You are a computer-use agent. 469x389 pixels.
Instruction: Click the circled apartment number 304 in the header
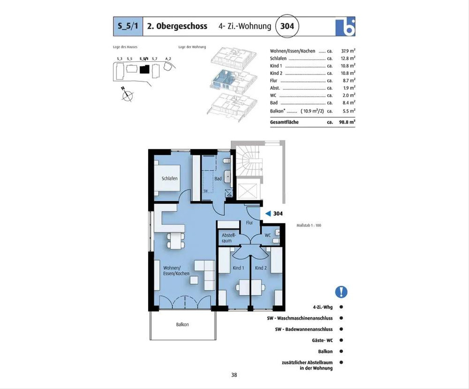(x=287, y=26)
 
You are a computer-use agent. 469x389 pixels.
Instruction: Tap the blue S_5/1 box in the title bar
(x=128, y=26)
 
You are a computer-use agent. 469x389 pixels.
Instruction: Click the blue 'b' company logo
(x=345, y=27)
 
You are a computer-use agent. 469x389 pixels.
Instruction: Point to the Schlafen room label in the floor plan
(x=170, y=178)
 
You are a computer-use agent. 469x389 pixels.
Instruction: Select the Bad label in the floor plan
(x=218, y=178)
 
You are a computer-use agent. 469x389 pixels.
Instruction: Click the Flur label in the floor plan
(x=249, y=223)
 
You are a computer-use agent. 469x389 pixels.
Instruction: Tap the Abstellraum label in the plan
(x=229, y=238)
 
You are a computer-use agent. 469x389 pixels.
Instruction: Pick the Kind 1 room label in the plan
(x=238, y=268)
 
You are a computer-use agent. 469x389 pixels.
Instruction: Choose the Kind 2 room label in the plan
(x=261, y=268)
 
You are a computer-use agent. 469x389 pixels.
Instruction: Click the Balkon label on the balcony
(x=183, y=324)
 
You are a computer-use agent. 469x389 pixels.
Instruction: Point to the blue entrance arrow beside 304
(x=268, y=214)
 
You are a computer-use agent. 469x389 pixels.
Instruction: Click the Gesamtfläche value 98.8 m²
(x=347, y=122)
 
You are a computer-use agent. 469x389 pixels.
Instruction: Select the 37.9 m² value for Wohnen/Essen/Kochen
(x=348, y=51)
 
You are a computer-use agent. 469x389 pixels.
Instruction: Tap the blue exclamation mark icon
(x=341, y=292)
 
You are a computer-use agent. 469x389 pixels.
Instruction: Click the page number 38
(x=234, y=375)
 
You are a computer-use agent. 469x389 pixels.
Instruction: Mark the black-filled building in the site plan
(x=145, y=69)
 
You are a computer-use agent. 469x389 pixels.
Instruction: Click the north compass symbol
(x=127, y=95)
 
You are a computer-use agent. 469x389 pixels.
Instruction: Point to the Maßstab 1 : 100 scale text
(x=309, y=225)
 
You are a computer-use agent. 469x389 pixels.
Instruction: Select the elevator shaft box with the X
(x=247, y=191)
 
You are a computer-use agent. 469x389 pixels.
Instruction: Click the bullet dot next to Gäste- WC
(x=341, y=340)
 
